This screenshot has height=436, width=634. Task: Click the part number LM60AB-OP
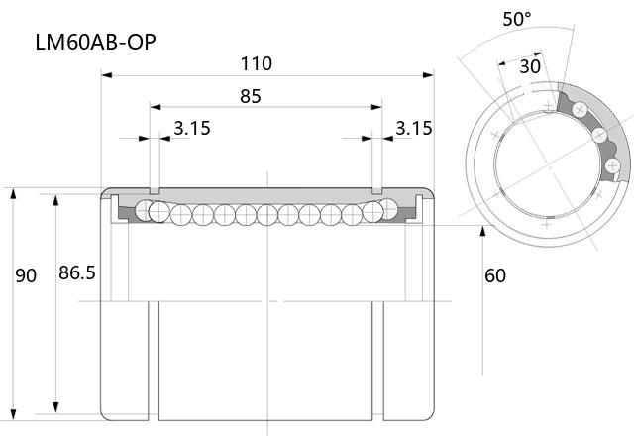click(95, 42)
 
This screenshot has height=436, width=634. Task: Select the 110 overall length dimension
click(256, 63)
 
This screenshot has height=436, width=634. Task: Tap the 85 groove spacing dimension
click(251, 96)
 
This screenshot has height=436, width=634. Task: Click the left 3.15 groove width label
click(192, 128)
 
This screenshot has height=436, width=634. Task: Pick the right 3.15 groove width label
click(414, 128)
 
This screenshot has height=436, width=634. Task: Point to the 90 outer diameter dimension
click(26, 275)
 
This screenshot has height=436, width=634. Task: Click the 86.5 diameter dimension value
click(77, 273)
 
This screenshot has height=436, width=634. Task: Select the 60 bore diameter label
click(495, 275)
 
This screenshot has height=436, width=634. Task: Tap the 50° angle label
click(517, 19)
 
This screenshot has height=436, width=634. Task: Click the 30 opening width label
click(530, 66)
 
